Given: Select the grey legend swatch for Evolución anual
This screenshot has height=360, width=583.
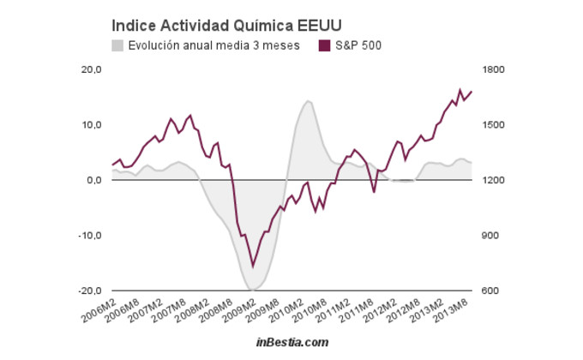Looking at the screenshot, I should tap(118, 45).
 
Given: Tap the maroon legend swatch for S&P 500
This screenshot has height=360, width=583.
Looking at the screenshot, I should tap(324, 45).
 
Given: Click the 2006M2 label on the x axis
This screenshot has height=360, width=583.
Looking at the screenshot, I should tap(99, 309).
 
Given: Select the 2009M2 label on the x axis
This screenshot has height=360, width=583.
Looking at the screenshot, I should tap(238, 309).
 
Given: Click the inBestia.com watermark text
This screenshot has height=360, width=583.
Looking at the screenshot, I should tap(291, 342).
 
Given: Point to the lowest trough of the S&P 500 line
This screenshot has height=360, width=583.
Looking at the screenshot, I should tap(252, 266).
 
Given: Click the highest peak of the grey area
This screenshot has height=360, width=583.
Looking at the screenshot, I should tap(307, 101).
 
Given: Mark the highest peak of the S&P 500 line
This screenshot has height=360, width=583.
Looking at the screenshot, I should tap(460, 90).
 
